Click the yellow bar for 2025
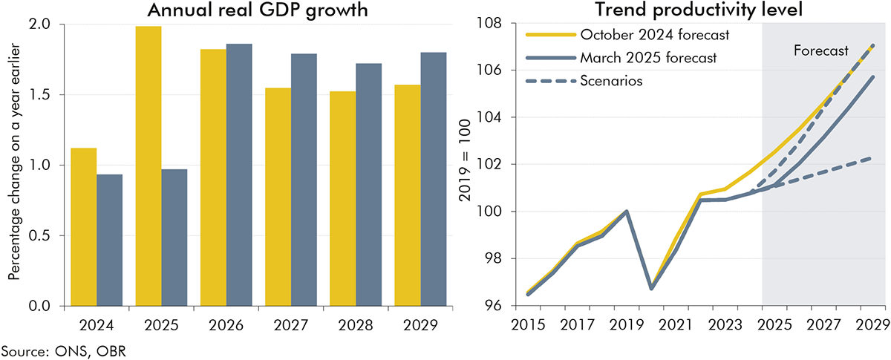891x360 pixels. point(148,166)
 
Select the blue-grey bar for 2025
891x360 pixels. point(174,238)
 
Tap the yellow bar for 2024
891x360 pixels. point(83,226)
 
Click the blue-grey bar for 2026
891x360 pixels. point(239,174)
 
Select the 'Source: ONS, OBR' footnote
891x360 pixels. point(47,349)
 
